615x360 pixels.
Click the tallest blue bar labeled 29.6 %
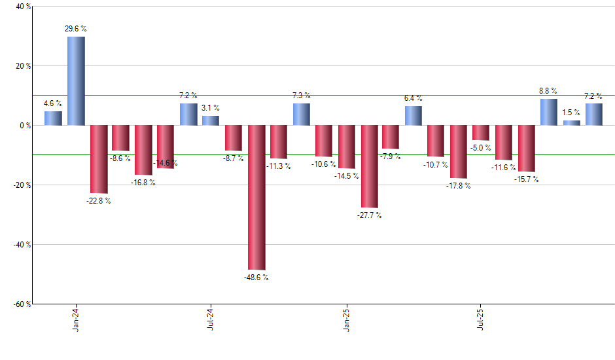[76, 81]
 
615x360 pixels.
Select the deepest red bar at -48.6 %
[256, 197]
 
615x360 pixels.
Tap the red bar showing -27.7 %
[369, 166]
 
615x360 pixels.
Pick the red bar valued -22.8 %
[99, 159]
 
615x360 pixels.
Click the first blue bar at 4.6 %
[54, 118]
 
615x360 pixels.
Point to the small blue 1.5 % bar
[571, 123]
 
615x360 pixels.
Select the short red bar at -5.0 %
[482, 133]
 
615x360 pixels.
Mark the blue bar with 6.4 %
[413, 116]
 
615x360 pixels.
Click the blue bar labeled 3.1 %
[211, 121]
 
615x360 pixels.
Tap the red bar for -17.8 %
[459, 152]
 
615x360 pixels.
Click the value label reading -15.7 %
[526, 179]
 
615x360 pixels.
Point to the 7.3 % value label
[302, 96]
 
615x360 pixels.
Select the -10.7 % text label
[436, 165]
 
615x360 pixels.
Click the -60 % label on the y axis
[22, 304]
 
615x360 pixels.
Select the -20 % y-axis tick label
[22, 185]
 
